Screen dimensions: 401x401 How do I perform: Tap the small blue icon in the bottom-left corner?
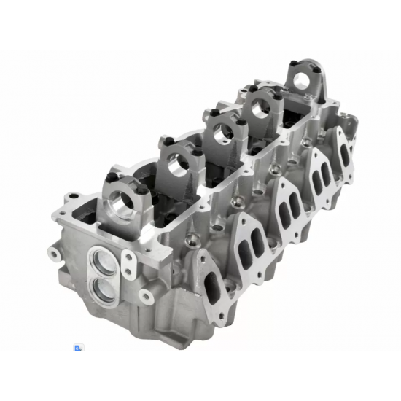click(77, 348)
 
